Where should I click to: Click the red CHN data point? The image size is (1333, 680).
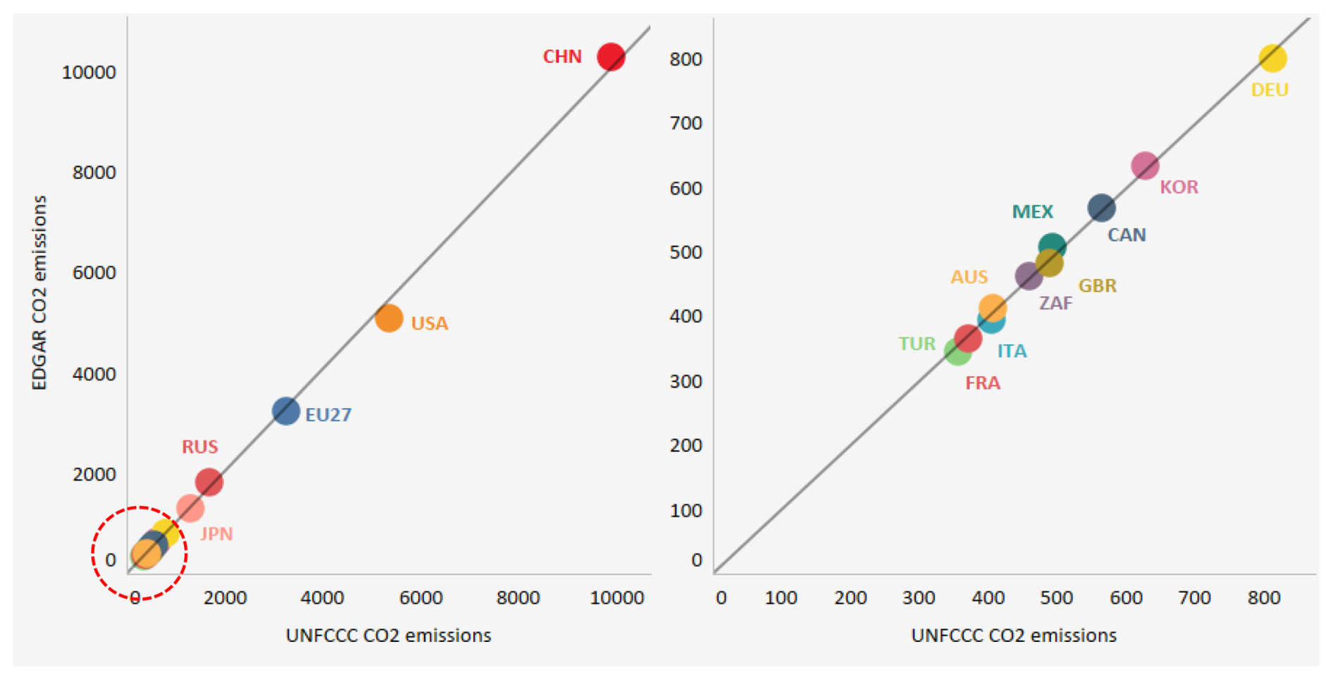[610, 56]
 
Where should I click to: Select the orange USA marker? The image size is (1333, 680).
[388, 319]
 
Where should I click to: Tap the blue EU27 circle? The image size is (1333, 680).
[285, 411]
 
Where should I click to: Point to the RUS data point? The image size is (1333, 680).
[209, 482]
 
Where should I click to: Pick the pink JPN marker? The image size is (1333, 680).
[190, 507]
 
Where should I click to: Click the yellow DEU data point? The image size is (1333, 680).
[1272, 58]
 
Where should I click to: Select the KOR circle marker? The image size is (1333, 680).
[1145, 166]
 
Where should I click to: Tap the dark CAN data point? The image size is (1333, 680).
[1101, 208]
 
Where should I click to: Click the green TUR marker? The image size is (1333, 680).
[956, 352]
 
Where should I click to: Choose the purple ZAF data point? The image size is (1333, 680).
[1028, 276]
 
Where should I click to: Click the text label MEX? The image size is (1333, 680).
[1032, 211]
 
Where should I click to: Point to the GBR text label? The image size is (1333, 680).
[1097, 286]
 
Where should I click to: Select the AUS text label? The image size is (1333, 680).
[969, 277]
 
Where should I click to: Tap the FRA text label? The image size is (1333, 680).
[982, 383]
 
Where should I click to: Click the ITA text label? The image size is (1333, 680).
[1012, 351]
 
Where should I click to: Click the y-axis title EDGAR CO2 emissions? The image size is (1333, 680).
[39, 292]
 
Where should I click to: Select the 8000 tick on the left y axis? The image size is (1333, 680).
[94, 173]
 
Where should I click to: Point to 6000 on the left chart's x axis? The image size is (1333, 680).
[421, 598]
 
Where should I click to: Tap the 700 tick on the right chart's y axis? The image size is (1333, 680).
[686, 123]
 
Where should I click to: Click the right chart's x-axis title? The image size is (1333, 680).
[1013, 636]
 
